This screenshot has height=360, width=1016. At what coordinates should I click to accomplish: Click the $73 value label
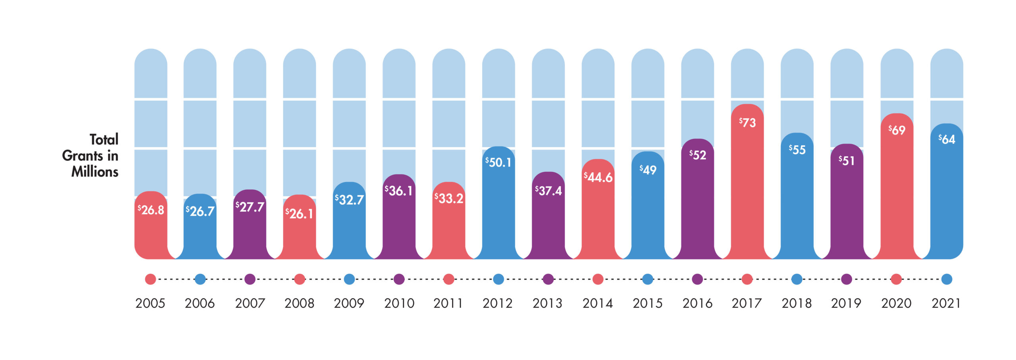click(x=747, y=123)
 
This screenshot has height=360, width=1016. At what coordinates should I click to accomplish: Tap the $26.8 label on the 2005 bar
click(x=151, y=210)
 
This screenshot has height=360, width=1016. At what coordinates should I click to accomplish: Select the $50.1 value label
click(x=498, y=162)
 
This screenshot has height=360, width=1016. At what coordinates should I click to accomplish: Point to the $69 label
click(x=897, y=130)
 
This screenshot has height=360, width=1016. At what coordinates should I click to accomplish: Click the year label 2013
click(x=548, y=304)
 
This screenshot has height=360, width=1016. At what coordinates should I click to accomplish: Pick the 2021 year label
click(x=947, y=304)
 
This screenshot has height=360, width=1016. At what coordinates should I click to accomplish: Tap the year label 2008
click(x=300, y=304)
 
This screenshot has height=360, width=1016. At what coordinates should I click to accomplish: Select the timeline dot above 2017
click(x=747, y=279)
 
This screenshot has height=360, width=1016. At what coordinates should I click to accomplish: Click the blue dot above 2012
click(x=498, y=279)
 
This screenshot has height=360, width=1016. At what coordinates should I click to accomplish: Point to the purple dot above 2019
click(x=847, y=279)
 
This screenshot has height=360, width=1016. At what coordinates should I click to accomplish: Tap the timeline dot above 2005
click(x=150, y=279)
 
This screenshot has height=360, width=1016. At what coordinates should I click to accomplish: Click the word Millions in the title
click(x=95, y=172)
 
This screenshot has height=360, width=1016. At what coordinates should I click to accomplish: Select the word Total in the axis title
click(x=104, y=140)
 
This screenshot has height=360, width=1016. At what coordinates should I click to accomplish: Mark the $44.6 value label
click(x=598, y=177)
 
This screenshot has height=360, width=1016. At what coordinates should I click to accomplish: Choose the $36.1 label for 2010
click(x=399, y=191)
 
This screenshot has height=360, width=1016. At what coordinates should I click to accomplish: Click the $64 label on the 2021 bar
click(x=947, y=139)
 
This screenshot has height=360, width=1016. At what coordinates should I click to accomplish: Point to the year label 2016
click(x=697, y=304)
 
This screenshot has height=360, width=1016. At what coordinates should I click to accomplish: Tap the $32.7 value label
click(x=349, y=199)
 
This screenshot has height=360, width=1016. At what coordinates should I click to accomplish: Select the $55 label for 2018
click(x=797, y=150)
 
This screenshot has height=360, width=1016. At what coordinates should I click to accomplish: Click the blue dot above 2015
click(x=648, y=279)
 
